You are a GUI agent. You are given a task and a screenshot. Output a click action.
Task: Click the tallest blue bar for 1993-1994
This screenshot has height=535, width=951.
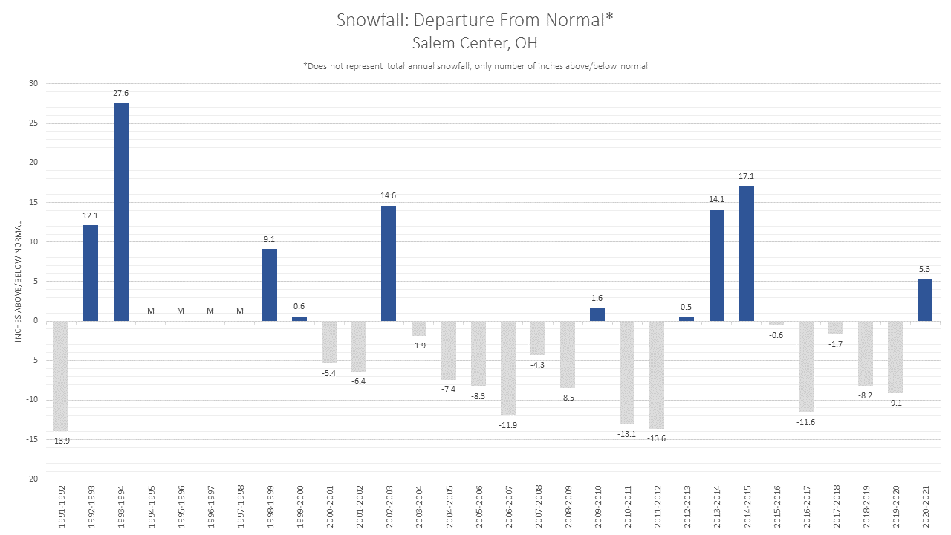point(120,212)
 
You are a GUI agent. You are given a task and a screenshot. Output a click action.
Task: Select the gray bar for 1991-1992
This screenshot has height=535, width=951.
point(61,376)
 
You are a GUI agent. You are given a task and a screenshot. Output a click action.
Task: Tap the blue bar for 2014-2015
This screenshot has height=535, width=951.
point(747,253)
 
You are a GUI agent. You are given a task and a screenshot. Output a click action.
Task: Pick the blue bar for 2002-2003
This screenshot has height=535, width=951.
point(389,263)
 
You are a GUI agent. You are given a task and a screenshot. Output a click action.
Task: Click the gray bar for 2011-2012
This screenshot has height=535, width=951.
point(657,375)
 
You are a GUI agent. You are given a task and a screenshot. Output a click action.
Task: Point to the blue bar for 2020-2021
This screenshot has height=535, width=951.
point(925,300)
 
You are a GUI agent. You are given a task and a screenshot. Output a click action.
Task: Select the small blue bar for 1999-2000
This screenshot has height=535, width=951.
point(299,319)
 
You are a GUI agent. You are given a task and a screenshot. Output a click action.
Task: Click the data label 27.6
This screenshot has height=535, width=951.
point(120,93)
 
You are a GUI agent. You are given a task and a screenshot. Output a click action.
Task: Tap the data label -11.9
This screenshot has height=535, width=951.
point(507,425)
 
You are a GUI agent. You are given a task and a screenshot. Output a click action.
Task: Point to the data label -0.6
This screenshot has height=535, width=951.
point(776,335)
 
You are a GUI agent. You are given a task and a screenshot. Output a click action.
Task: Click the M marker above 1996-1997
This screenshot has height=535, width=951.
point(210,311)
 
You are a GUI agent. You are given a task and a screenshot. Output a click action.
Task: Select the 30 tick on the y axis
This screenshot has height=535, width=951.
point(33,84)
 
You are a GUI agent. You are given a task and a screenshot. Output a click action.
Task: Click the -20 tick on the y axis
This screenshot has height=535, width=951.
point(32,479)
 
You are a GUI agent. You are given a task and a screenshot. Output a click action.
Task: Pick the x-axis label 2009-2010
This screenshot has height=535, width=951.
point(598,507)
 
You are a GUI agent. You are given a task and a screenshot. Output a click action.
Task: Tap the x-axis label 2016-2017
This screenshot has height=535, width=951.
point(807,507)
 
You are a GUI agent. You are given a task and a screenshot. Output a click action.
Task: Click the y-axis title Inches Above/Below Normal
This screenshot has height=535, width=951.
point(18,282)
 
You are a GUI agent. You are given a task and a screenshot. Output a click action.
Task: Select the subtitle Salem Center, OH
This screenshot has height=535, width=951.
point(475,43)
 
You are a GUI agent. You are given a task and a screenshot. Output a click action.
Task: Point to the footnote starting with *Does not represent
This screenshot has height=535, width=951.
point(475,66)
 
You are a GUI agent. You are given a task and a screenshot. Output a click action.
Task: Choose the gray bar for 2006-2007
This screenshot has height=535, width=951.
point(507,368)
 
